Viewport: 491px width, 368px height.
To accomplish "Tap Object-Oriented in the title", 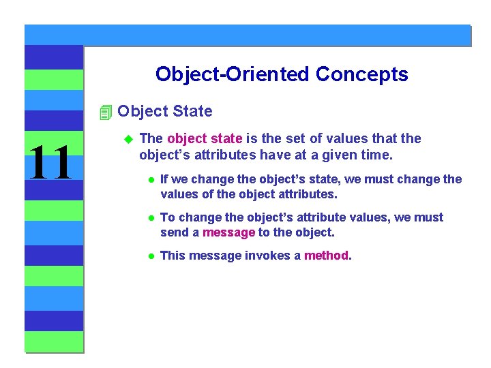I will [232, 74].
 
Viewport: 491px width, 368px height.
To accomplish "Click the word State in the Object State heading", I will [192, 111].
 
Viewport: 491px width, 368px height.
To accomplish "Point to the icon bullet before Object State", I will [104, 112].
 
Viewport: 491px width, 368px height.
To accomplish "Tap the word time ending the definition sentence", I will [375, 155].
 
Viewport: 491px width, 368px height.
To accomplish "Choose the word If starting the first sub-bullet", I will [164, 179].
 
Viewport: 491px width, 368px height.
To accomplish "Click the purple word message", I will [228, 232].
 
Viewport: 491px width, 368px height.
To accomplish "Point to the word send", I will [173, 232].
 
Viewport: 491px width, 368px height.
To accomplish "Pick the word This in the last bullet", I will [173, 256].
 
